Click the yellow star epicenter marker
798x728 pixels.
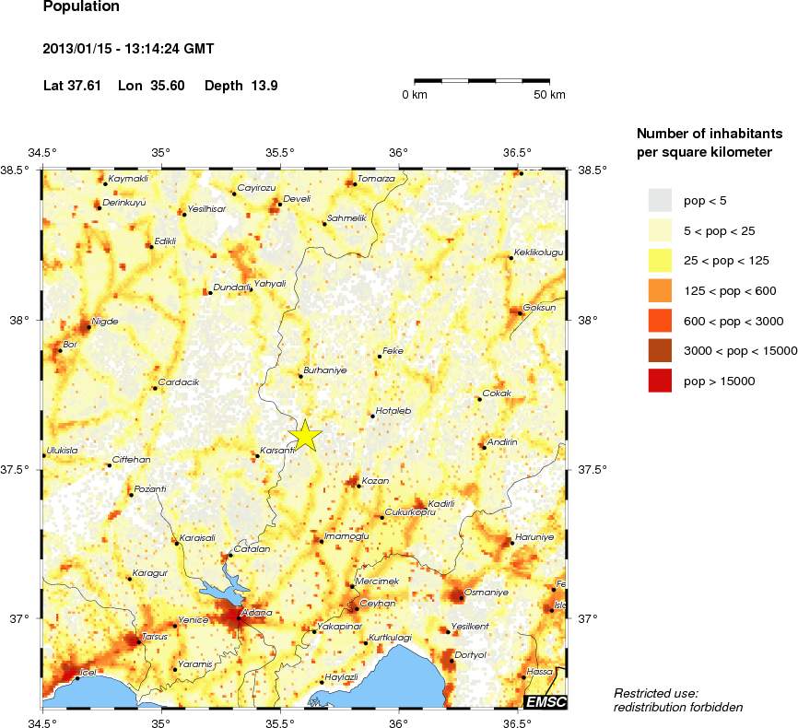[306, 436]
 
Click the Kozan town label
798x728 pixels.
[375, 480]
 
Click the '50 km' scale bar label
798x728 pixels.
[550, 95]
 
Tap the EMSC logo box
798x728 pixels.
[545, 703]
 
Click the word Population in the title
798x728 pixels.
[81, 6]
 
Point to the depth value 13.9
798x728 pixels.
[264, 86]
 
